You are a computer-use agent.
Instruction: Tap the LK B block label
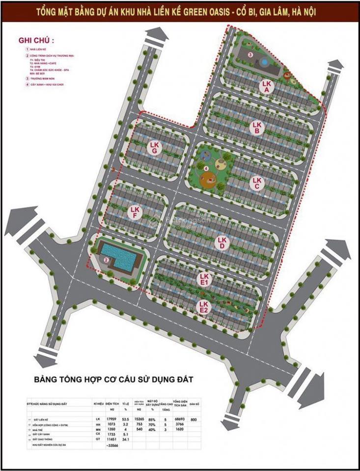click(x=256, y=128)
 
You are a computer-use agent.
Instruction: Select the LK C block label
click(x=255, y=183)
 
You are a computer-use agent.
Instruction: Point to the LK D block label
click(x=222, y=242)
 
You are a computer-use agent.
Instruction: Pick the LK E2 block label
click(x=203, y=307)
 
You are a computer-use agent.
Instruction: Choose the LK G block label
click(x=155, y=148)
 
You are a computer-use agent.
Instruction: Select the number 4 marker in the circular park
click(x=206, y=169)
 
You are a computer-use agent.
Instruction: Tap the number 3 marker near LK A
click(x=250, y=55)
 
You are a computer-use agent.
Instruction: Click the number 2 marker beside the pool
click(x=106, y=260)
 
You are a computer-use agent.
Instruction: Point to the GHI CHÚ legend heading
click(x=36, y=39)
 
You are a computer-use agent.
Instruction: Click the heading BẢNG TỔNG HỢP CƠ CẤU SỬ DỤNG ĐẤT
click(x=114, y=379)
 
